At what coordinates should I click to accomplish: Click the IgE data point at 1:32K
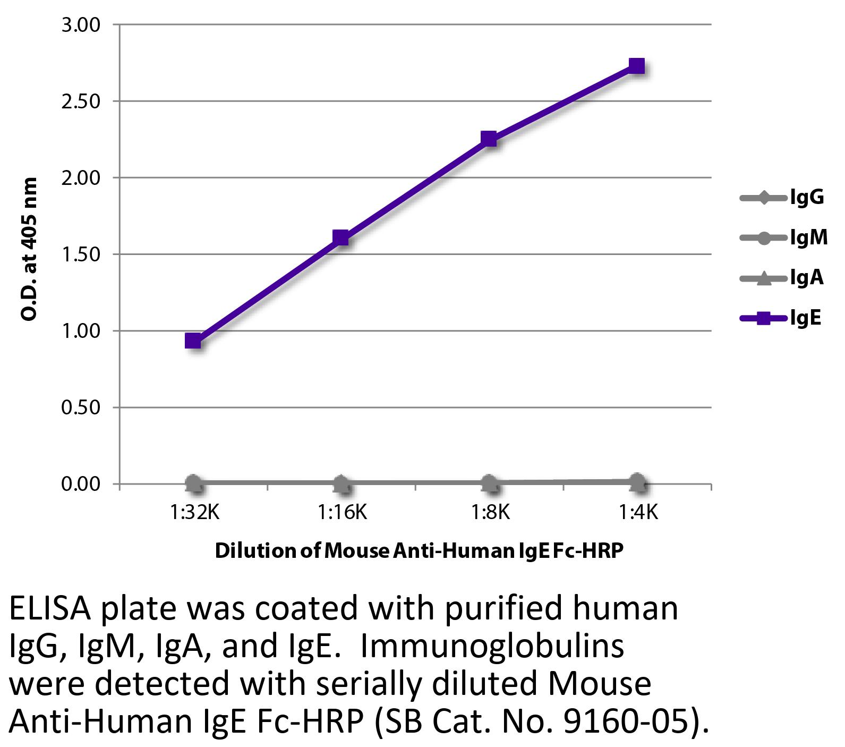click(x=193, y=341)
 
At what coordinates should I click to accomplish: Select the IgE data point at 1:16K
click(x=341, y=237)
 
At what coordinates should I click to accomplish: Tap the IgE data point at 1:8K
click(x=489, y=139)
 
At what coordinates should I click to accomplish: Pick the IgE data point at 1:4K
click(x=636, y=66)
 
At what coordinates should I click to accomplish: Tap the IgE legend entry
click(x=781, y=318)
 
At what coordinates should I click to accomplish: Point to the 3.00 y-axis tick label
click(x=81, y=25)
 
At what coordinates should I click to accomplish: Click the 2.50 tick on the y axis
click(x=81, y=101)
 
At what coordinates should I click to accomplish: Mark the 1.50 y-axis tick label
click(x=81, y=254)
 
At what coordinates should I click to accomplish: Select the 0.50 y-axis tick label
click(x=81, y=408)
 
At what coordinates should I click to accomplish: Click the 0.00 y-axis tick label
click(x=81, y=484)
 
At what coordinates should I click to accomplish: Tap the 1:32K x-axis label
click(x=194, y=513)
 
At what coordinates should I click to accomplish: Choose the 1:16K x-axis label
click(x=342, y=513)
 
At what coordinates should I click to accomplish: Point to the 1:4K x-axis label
click(x=638, y=513)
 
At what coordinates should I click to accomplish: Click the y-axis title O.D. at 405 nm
click(x=29, y=250)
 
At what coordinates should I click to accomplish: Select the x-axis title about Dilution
click(x=419, y=551)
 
